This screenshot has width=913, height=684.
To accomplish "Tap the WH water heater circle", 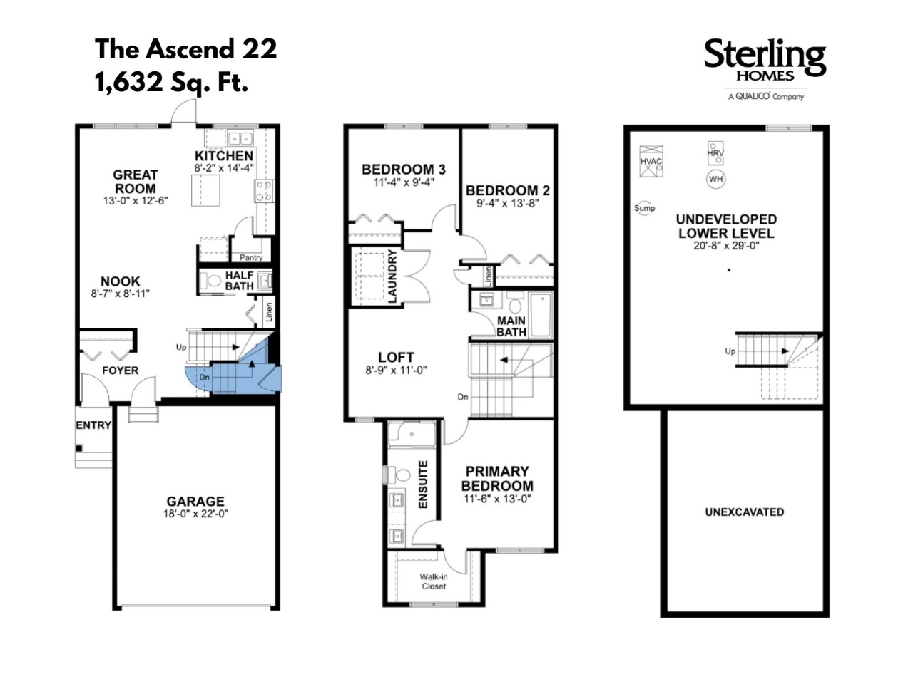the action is tap(715, 179).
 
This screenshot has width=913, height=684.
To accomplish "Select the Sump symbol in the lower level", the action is tap(644, 208).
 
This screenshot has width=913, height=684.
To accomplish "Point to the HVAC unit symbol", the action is tap(651, 161).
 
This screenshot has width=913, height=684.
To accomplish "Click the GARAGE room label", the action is tap(195, 501).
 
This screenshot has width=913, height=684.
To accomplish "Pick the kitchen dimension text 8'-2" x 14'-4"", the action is tap(224, 167).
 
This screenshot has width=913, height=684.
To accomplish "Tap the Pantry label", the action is tap(251, 257).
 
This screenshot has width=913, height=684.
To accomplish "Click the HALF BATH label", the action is tap(239, 281).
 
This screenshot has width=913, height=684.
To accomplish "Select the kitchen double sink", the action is tap(240, 138).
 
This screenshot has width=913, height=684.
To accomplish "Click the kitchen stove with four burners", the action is tap(265, 191).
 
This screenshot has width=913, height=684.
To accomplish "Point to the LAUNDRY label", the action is tap(392, 276).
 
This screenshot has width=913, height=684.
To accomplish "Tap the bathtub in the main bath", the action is tap(541, 314).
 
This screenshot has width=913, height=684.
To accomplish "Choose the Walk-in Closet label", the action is tap(434, 581).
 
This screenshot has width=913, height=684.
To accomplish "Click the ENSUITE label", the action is tap(422, 484).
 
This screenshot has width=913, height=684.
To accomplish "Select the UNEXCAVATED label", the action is tap(745, 512).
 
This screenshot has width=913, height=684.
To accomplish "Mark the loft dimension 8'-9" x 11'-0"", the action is tap(396, 370).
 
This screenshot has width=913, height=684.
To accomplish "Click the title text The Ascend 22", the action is tap(186, 49).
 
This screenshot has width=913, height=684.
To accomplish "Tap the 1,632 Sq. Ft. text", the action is tap(171, 82).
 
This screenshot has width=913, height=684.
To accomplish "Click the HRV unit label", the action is tap(715, 153).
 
